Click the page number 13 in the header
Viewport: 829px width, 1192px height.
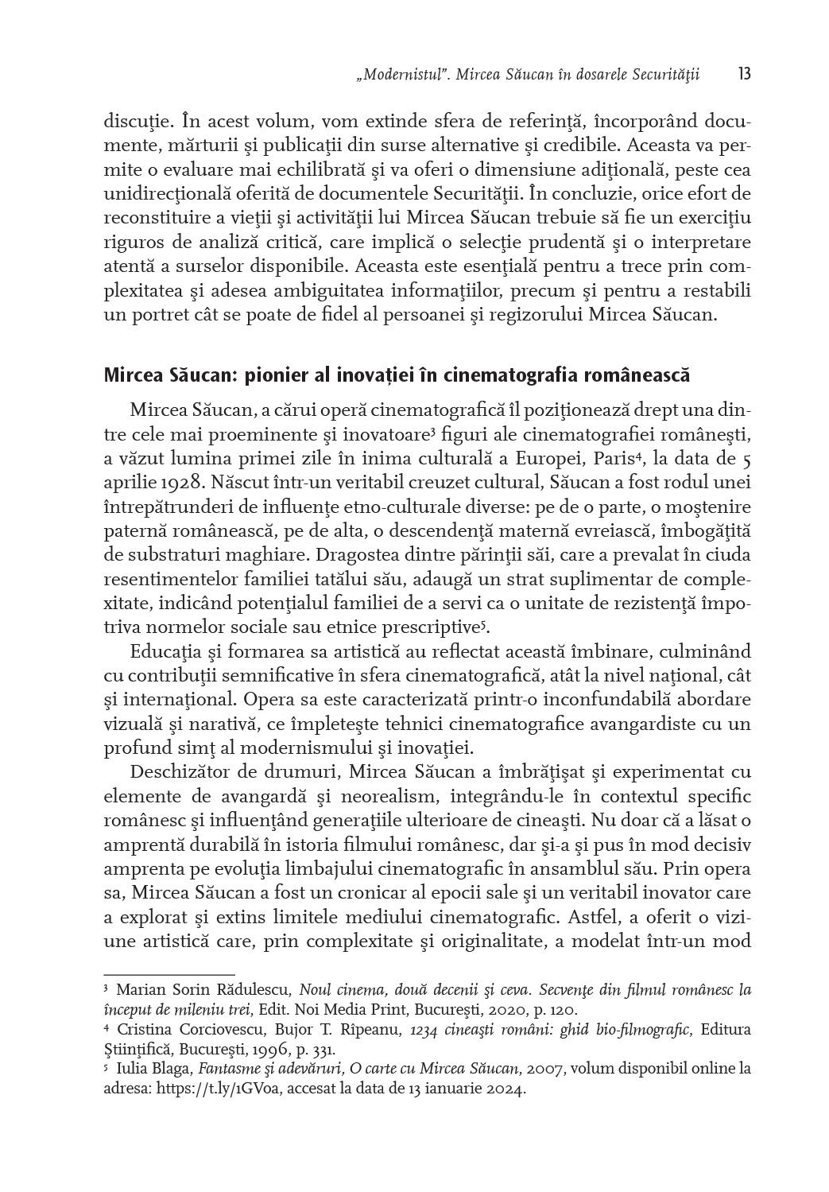pyautogui.click(x=744, y=75)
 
